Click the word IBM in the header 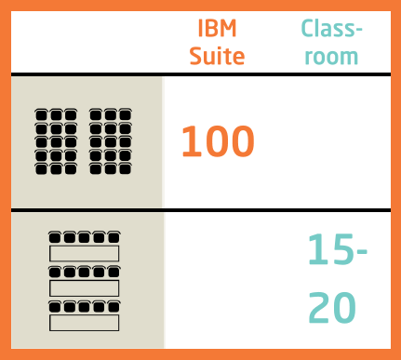pyautogui.click(x=217, y=27)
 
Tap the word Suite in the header pyautogui.click(x=217, y=55)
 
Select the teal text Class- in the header pyautogui.click(x=331, y=27)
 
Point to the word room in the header pyautogui.click(x=331, y=55)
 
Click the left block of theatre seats pyautogui.click(x=55, y=142)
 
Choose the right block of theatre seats pyautogui.click(x=110, y=142)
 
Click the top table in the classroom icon pyautogui.click(x=84, y=253)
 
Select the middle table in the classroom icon pyautogui.click(x=84, y=287)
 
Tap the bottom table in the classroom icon pyautogui.click(x=84, y=323)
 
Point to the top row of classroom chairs pyautogui.click(x=84, y=237)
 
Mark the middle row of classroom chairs pyautogui.click(x=84, y=272)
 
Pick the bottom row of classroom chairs pyautogui.click(x=84, y=306)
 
